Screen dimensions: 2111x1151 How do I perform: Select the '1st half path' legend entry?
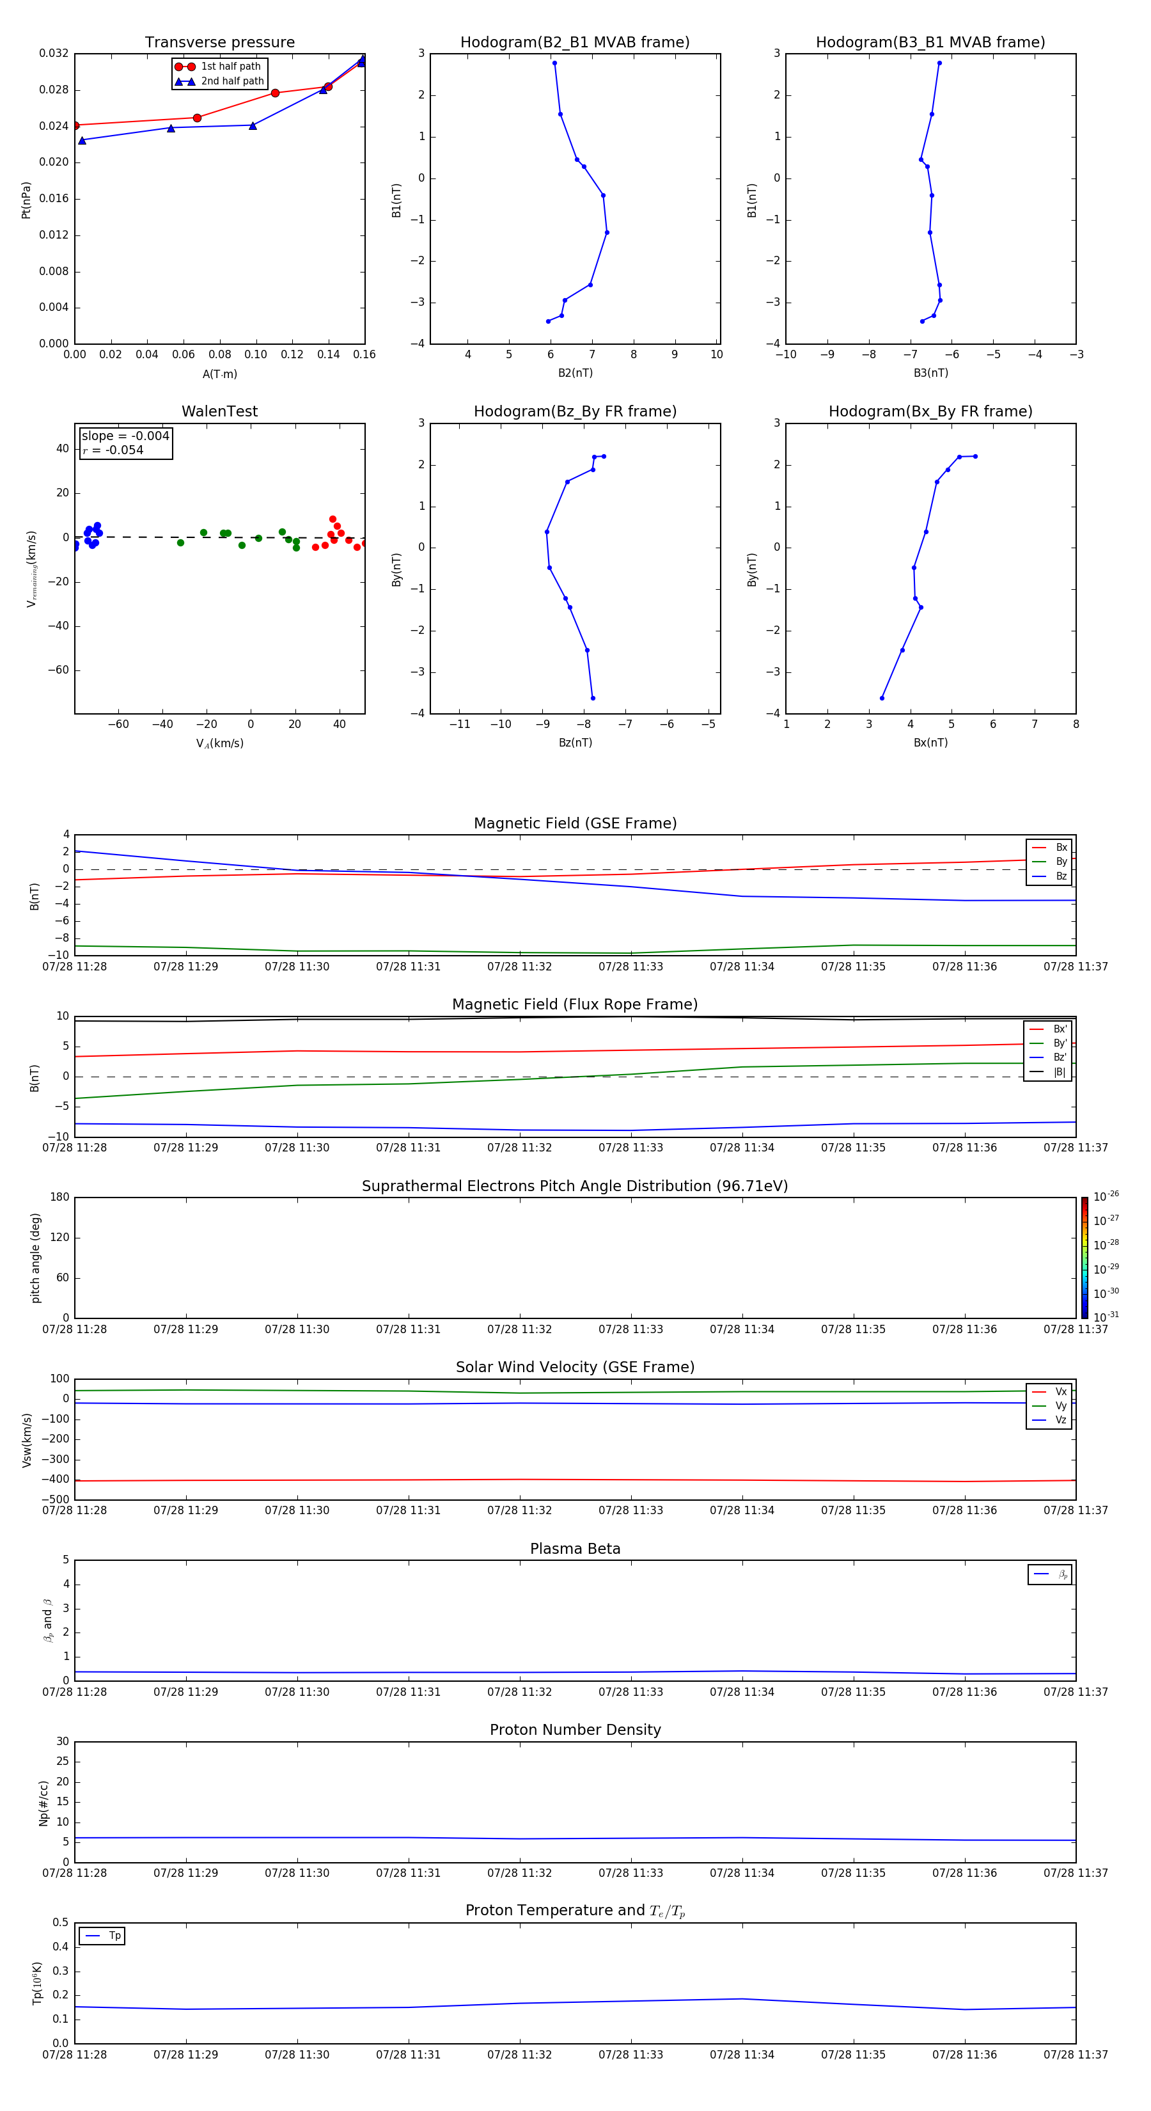(230, 67)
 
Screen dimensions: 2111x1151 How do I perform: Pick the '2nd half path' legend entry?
(232, 81)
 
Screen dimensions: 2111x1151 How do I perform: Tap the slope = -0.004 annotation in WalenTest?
(125, 436)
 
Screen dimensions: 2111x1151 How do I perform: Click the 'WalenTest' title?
(219, 411)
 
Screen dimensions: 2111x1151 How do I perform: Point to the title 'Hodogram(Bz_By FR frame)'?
(575, 411)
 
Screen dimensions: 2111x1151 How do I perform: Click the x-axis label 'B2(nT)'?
(575, 373)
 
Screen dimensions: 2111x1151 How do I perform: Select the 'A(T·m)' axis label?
(219, 374)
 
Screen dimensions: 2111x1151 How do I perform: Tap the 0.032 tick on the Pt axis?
(54, 53)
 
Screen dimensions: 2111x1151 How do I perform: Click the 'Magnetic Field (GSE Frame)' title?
(575, 823)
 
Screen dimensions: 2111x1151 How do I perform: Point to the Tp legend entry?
(114, 1936)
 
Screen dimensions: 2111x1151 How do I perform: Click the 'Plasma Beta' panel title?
(575, 1549)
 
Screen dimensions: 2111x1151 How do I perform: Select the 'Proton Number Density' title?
(575, 1730)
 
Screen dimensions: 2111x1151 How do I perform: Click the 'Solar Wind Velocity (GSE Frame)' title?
(575, 1367)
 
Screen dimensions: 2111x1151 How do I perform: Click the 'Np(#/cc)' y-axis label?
(44, 1803)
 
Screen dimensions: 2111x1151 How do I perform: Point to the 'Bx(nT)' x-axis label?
(930, 743)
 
